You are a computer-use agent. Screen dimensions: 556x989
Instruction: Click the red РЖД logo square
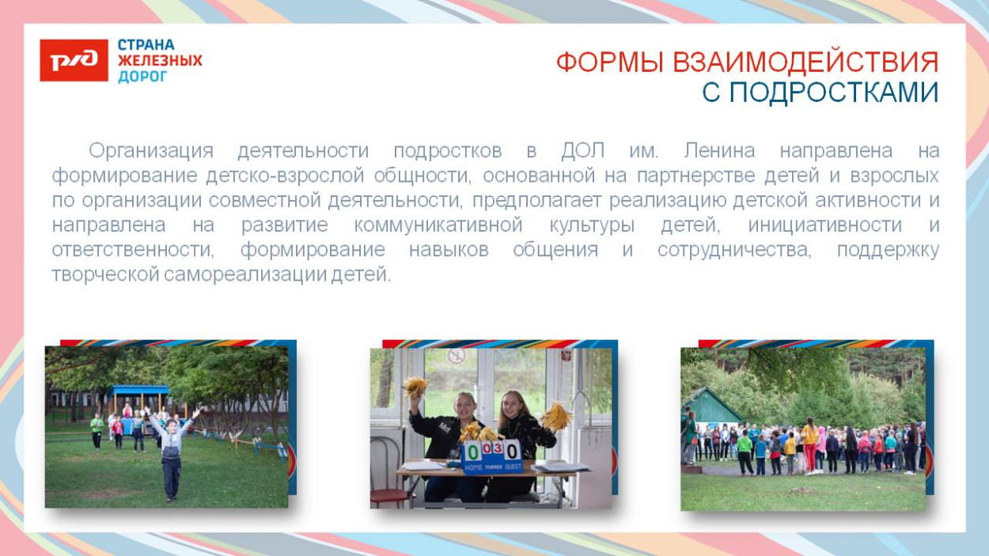[74, 60]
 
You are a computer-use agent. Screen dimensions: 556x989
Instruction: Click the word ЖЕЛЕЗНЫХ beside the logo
[160, 60]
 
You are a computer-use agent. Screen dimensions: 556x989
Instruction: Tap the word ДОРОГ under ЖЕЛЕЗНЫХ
[142, 77]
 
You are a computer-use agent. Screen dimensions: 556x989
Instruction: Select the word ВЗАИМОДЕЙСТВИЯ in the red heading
[805, 62]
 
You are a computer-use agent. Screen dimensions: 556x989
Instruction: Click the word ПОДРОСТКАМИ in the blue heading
[833, 93]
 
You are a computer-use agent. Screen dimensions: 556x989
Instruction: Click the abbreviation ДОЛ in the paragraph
[583, 150]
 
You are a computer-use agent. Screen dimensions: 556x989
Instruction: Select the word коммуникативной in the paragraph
[438, 225]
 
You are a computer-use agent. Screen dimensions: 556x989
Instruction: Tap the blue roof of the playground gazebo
[139, 390]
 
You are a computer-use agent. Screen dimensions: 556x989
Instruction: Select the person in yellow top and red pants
[810, 444]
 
